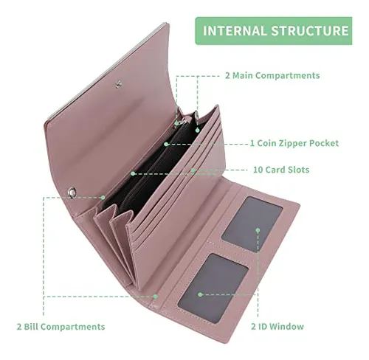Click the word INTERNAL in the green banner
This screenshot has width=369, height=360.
point(235,31)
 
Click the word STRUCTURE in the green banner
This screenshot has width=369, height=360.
point(310,31)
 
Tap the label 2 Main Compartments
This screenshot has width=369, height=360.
point(272,75)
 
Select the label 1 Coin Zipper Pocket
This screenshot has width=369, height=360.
point(294,143)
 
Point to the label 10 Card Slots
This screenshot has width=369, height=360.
point(281,170)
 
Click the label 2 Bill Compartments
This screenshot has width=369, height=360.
point(61,327)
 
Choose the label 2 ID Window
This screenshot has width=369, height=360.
point(277,327)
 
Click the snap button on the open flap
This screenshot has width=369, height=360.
point(119,84)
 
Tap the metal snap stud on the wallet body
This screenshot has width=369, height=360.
point(72,192)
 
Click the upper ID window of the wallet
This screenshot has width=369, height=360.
point(252,224)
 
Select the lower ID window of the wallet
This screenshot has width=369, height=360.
point(213,288)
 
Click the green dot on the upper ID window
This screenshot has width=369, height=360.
point(258,230)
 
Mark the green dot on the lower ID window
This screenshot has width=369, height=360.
point(200,294)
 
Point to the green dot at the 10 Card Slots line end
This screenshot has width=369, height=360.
point(193,170)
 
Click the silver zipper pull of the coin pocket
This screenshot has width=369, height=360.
point(182,122)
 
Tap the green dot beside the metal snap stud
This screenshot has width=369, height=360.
point(103,197)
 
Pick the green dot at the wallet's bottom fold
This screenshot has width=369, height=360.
point(155,297)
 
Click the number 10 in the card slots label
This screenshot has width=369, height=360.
point(258,170)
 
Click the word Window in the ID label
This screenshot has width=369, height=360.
point(288,327)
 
